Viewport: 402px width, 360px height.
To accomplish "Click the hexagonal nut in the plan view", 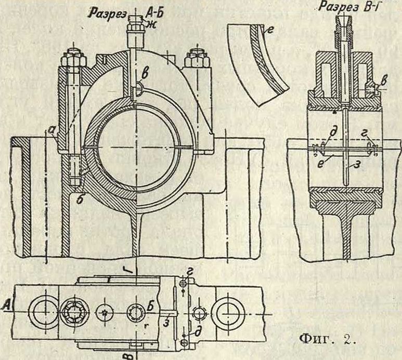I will (x=74, y=313).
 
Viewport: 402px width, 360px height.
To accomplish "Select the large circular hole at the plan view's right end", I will (x=227, y=314).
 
